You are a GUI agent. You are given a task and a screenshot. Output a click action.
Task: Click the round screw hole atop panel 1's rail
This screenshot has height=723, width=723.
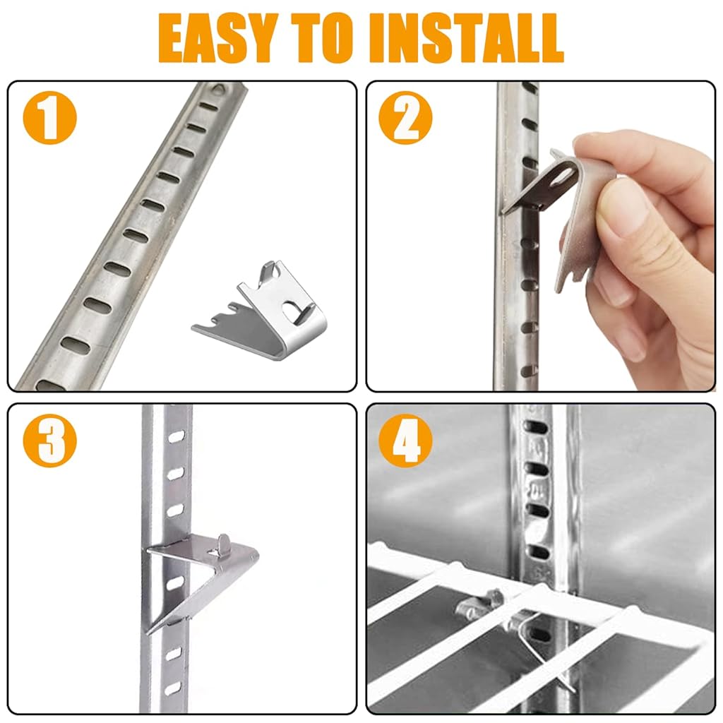(x=220, y=90)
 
